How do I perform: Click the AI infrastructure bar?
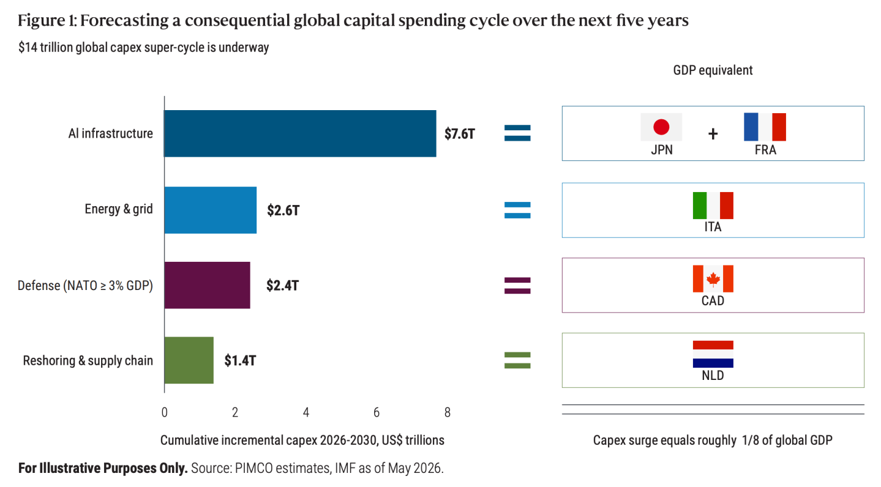300,133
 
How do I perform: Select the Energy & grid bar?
211,210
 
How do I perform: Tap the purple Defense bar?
208,285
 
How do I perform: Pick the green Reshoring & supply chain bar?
189,360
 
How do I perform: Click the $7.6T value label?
460,134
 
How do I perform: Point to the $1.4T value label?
240,360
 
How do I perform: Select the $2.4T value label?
282,285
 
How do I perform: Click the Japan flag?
661,127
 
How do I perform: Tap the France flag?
765,127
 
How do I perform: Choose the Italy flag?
713,206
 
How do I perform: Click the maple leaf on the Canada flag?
713,279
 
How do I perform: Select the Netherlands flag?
713,354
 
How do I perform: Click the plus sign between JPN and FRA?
713,135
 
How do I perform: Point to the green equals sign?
517,360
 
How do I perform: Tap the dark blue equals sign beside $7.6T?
517,133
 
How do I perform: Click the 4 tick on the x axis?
306,412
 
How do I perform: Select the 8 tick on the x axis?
447,412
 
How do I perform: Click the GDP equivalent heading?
713,70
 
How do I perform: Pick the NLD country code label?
713,376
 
